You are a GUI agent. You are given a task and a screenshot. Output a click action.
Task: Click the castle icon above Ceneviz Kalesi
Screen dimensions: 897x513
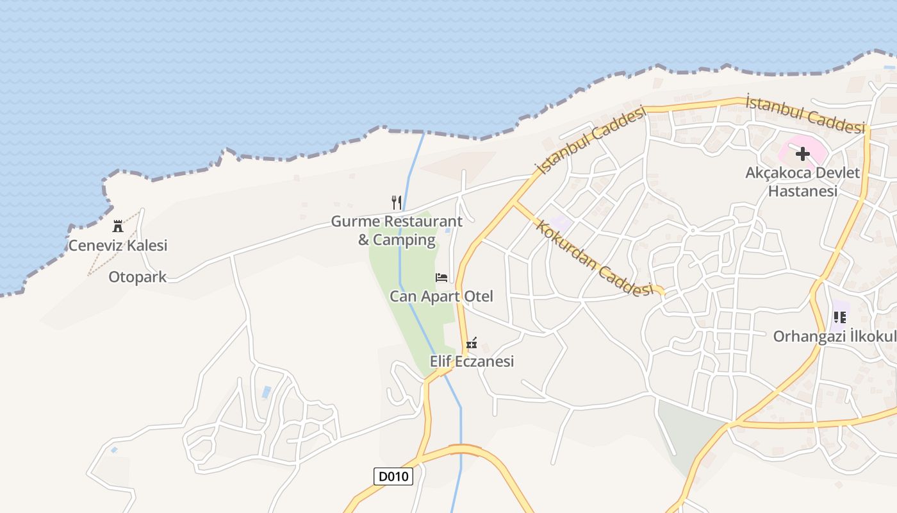click(x=118, y=226)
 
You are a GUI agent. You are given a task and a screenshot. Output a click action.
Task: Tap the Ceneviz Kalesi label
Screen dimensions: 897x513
click(x=118, y=245)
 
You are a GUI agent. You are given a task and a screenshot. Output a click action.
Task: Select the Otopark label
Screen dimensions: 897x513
click(x=137, y=277)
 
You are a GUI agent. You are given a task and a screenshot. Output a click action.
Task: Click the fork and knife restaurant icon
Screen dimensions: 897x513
click(x=397, y=203)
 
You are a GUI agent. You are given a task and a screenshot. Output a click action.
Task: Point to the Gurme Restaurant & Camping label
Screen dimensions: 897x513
click(x=397, y=231)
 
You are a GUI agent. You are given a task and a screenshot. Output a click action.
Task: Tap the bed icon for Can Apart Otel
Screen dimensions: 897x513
click(x=441, y=278)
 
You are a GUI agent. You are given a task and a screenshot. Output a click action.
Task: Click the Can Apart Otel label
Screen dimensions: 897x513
click(x=441, y=296)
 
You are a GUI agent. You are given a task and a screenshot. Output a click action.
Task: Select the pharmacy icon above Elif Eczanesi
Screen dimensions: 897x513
click(x=472, y=343)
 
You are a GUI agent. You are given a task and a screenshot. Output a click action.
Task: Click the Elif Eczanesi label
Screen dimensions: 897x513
click(x=472, y=362)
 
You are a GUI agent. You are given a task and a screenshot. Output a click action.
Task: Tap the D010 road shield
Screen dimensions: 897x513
click(x=393, y=476)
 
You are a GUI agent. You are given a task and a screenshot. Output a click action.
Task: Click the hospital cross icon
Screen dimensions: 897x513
click(x=802, y=154)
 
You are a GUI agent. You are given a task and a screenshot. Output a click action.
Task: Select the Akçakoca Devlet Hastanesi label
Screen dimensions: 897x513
click(x=803, y=181)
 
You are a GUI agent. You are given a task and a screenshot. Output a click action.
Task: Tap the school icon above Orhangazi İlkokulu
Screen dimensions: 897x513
click(x=840, y=317)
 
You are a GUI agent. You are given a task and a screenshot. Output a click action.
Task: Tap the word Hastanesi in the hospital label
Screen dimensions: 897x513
click(x=803, y=191)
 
